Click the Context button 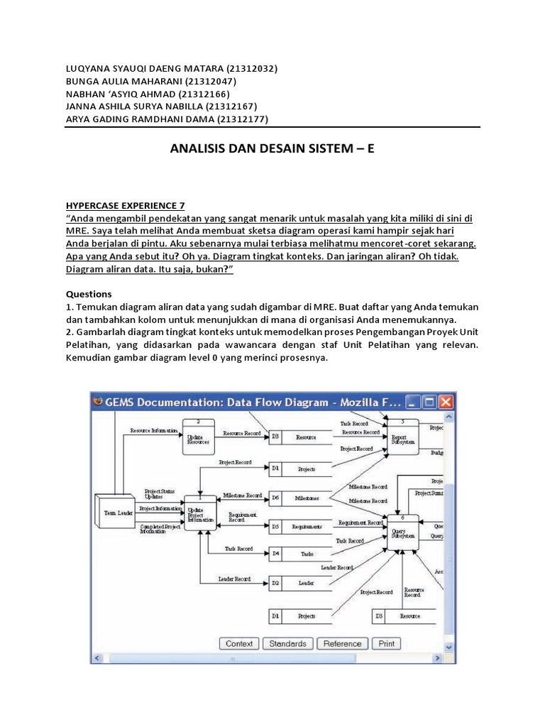(x=239, y=644)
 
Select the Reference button (x=342, y=644)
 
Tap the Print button (x=387, y=644)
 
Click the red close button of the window (x=446, y=402)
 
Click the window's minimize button (x=412, y=402)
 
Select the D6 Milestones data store (x=299, y=498)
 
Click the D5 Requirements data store (x=299, y=527)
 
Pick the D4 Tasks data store (x=299, y=553)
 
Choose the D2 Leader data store (x=299, y=583)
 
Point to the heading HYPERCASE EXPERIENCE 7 (x=125, y=205)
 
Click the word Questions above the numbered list (x=89, y=294)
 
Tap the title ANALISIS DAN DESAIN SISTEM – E (x=272, y=150)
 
